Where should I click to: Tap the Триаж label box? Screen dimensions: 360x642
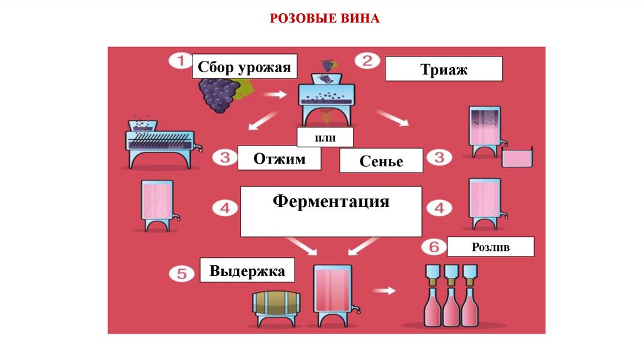pos(443,69)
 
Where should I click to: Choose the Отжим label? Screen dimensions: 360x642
pos(279,159)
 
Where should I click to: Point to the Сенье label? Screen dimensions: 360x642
pos(381,162)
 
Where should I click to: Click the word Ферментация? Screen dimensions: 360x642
pos(331,202)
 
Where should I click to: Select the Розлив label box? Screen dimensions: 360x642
pos(490,247)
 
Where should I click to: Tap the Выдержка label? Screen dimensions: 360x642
pos(247,271)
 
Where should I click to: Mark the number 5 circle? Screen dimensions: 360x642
pos(180,274)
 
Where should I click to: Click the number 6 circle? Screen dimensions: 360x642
pos(433,246)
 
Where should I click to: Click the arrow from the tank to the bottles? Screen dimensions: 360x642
pos(384,291)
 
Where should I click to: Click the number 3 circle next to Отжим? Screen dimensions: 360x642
pos(224,157)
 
